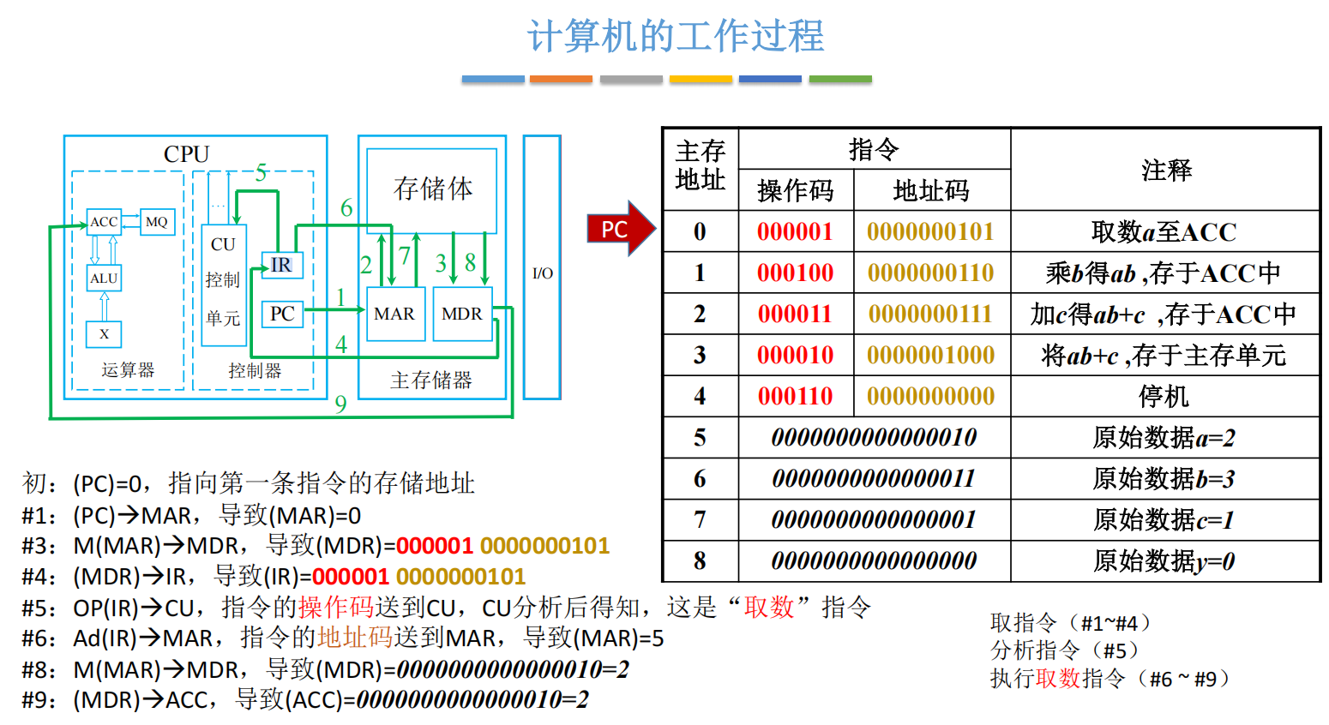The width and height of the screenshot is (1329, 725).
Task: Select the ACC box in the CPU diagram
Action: pos(104,222)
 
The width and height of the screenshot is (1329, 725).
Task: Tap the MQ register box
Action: pos(157,222)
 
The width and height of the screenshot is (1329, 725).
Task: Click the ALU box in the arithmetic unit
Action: pos(104,279)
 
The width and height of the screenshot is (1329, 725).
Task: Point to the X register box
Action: pos(104,334)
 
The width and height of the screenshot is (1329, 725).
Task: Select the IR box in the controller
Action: pos(281,266)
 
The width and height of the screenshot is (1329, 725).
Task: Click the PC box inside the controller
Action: pos(282,314)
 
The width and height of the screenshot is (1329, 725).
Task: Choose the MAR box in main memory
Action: pos(394,315)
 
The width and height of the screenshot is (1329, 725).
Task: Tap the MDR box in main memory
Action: pos(462,315)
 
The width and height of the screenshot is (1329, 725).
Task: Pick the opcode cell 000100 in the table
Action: pos(795,273)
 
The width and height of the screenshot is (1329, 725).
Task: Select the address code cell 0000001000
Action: pos(930,355)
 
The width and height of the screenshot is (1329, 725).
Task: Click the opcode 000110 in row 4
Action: pos(795,396)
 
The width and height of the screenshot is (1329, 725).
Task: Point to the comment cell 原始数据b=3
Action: pos(1164,478)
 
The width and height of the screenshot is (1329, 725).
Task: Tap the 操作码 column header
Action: pos(795,190)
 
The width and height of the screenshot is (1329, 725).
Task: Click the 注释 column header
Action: pos(1165,170)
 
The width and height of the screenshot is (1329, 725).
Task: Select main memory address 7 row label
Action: pos(700,519)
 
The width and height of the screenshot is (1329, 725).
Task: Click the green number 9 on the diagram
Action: pos(341,404)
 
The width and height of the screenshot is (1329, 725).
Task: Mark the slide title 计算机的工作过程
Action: pos(676,37)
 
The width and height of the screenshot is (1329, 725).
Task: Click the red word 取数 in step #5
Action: pos(769,608)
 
